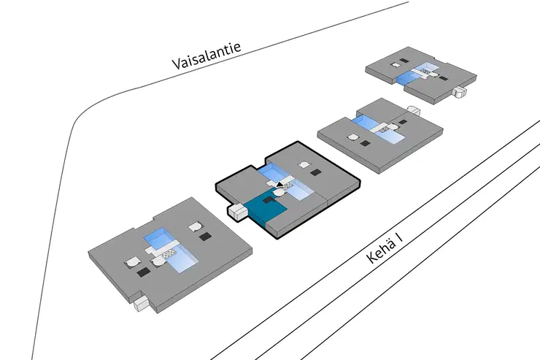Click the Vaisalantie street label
point(206,56)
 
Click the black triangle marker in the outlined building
point(279,185)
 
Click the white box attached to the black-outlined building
point(236,211)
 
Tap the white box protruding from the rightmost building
point(459,92)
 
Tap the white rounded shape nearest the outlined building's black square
point(303,165)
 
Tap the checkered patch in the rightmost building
point(426,72)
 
